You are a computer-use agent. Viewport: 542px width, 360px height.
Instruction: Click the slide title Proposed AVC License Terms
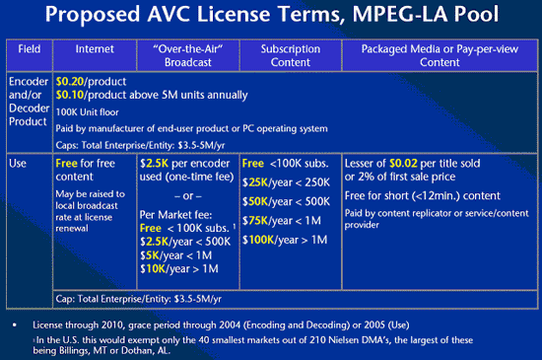(x=271, y=19)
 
